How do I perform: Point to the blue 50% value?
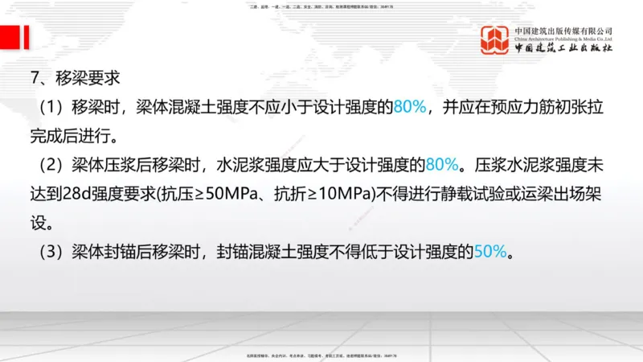(490, 252)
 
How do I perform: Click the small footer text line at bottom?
(321, 355)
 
